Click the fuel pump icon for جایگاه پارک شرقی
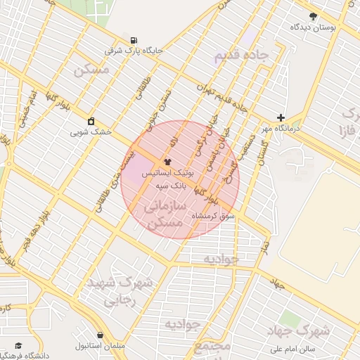pos(134,39)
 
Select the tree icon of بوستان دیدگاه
pos(313,16)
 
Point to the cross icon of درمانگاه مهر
pos(281,118)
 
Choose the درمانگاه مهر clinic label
pos(281,129)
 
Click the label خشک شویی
pos(89,131)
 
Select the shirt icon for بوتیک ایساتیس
pos(167,161)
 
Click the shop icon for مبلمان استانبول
pos(101,336)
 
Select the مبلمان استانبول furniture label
pos(101,347)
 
